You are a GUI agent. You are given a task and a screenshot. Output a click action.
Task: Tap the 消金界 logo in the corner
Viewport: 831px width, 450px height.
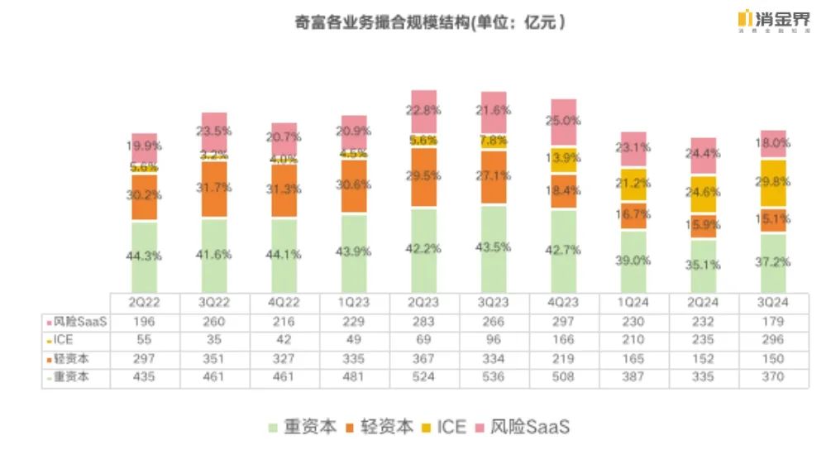point(773,20)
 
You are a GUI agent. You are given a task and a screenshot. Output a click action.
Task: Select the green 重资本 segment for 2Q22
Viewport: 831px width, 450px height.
point(144,256)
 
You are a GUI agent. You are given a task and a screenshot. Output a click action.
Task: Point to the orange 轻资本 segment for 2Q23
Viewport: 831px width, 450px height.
point(423,177)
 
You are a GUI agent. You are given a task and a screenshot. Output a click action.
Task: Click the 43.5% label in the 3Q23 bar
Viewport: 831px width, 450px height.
point(494,247)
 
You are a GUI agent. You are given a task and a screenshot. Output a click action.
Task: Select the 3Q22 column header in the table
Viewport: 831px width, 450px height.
point(213,304)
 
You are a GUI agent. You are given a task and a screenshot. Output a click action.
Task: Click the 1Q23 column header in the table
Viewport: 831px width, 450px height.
point(353,304)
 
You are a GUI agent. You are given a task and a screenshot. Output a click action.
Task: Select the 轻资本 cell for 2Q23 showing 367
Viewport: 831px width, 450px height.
point(423,359)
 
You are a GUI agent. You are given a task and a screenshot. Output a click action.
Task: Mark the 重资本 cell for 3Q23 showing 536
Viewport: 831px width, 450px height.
point(494,377)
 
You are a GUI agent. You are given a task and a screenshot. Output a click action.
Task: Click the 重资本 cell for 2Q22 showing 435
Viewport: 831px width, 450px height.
point(144,377)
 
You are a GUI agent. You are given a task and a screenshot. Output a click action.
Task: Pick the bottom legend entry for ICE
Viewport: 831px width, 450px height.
point(443,427)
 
